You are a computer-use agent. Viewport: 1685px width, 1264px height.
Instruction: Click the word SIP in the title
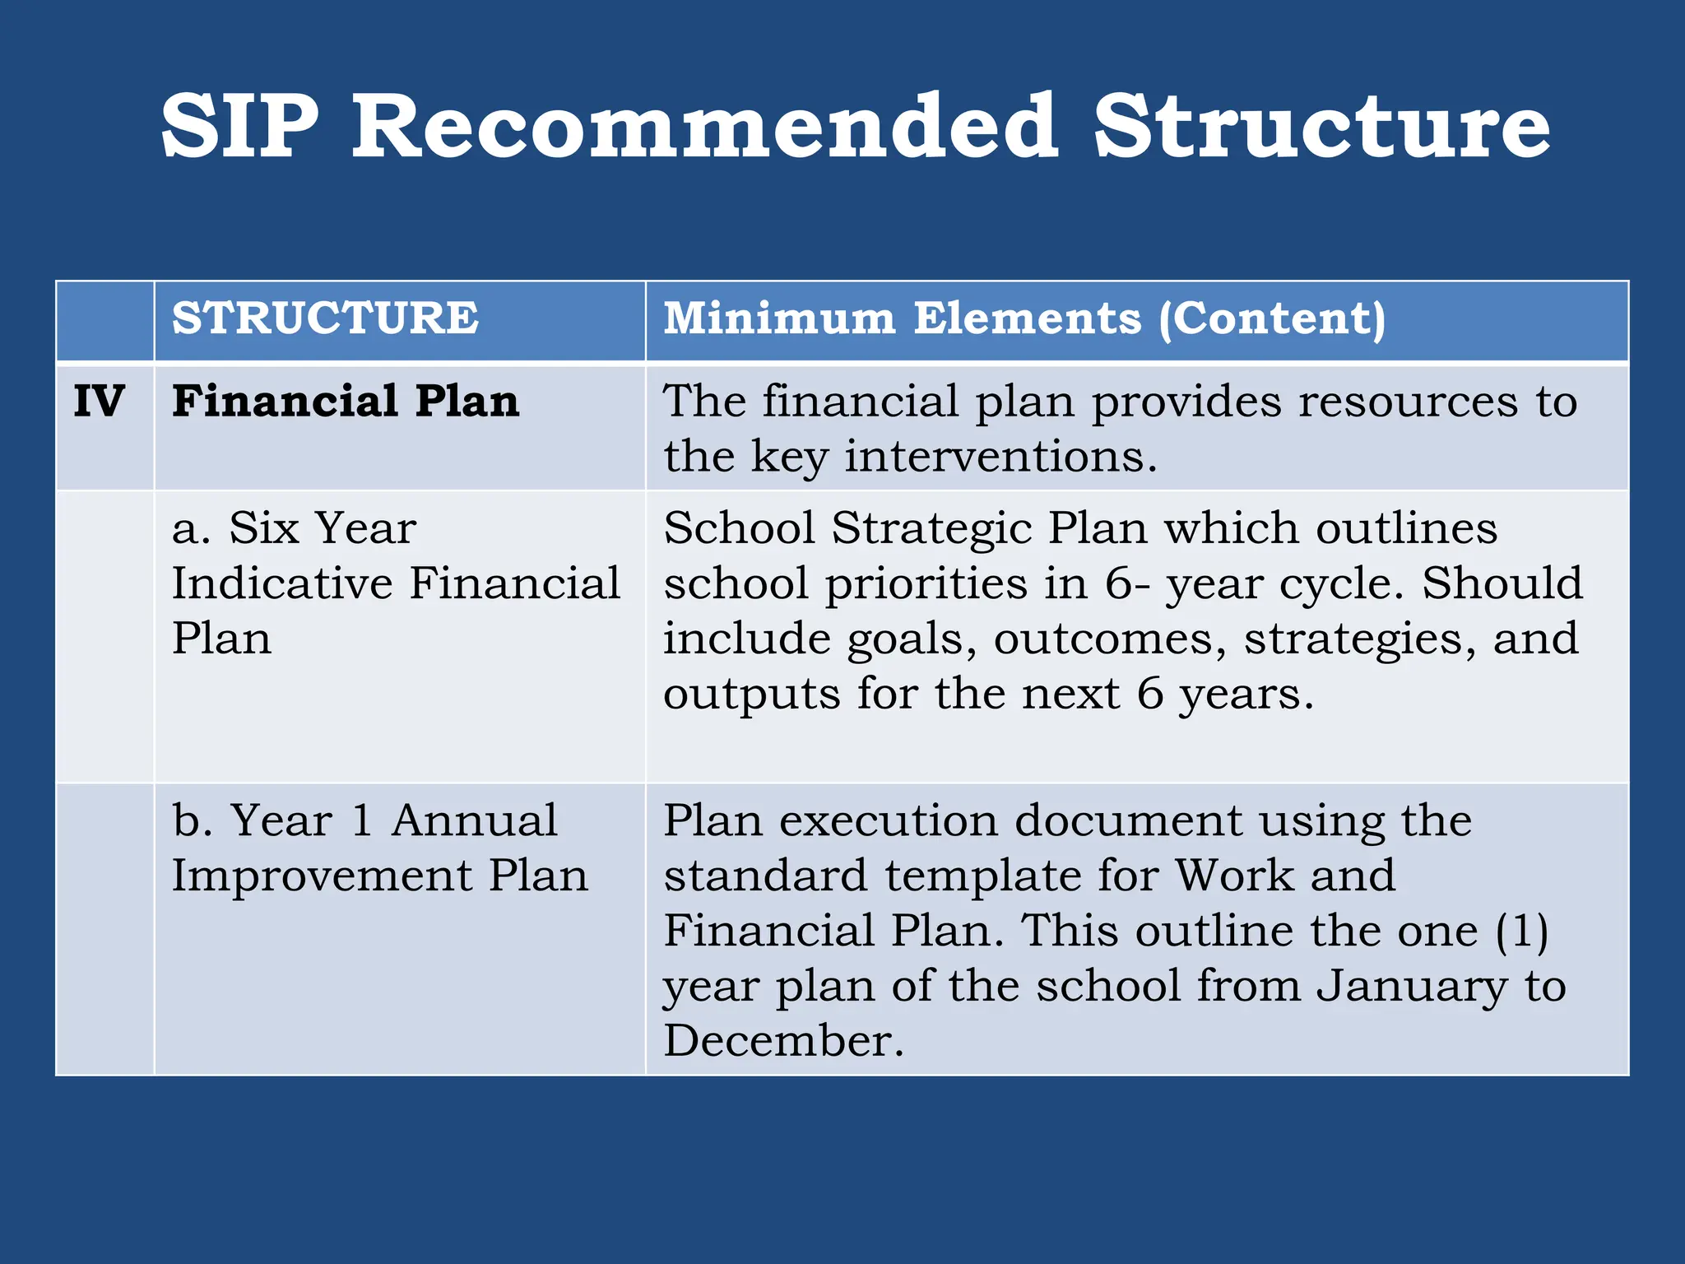click(239, 127)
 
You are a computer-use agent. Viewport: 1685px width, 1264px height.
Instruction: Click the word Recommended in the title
click(705, 127)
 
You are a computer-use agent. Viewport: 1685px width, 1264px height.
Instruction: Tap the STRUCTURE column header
click(325, 318)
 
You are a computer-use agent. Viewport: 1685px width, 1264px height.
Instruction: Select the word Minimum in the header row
click(778, 318)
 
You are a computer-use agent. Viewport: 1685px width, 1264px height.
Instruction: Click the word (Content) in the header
click(1272, 318)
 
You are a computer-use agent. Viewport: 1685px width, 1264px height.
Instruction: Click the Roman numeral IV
click(99, 402)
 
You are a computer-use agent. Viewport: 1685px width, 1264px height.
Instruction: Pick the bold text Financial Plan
click(346, 402)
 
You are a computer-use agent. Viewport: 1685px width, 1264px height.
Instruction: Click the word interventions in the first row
click(1000, 457)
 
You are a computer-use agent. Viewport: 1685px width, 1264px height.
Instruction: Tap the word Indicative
click(281, 583)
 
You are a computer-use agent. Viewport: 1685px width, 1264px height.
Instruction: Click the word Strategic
click(931, 527)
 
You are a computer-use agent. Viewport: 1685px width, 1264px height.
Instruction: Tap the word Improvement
click(321, 876)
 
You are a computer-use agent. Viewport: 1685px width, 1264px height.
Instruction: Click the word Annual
click(475, 820)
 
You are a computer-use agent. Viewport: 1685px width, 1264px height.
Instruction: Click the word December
click(782, 1041)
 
